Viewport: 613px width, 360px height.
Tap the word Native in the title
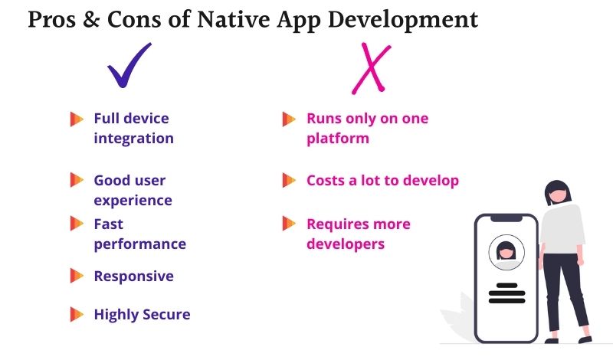(x=244, y=20)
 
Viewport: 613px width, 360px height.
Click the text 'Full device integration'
(x=133, y=129)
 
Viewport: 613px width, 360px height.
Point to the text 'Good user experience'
(x=133, y=190)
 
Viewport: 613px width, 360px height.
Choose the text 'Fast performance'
(x=139, y=234)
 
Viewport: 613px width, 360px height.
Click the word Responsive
(x=133, y=277)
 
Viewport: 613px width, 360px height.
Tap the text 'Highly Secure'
(x=142, y=314)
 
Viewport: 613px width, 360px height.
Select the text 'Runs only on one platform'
(x=367, y=129)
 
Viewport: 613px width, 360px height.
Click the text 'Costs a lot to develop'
(x=382, y=181)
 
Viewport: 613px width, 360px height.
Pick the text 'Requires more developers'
(x=358, y=234)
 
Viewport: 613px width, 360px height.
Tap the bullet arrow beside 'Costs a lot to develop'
(x=289, y=181)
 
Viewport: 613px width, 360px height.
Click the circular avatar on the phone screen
(x=505, y=251)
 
